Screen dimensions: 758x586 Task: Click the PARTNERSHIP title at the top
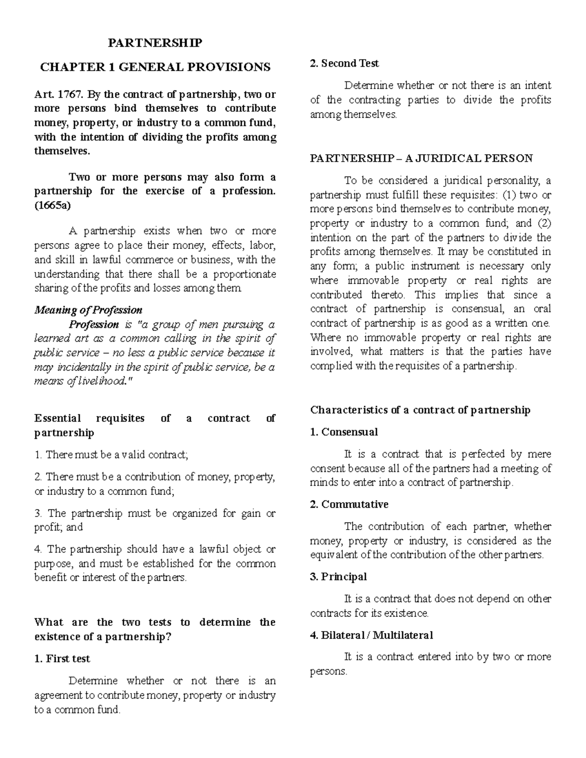[155, 43]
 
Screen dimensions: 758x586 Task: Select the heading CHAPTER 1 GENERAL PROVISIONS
[155, 67]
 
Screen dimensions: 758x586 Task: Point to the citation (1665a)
[52, 205]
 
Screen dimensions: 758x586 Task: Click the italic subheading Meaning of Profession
[88, 310]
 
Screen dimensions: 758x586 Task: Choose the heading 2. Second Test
[344, 63]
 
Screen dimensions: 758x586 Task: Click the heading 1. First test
[62, 658]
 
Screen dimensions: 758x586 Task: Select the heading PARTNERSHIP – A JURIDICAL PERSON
[421, 158]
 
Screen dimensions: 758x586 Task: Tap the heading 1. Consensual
[344, 432]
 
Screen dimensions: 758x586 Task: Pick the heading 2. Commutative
[349, 504]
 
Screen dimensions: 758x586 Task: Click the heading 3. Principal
[338, 576]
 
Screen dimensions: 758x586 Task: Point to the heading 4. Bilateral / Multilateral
[372, 635]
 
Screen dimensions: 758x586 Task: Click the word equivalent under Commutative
[332, 555]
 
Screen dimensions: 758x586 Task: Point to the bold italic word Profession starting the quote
[94, 325]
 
